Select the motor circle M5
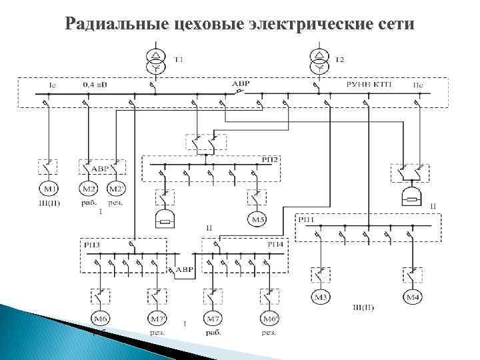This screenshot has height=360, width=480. click(x=257, y=219)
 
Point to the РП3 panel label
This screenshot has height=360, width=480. click(x=92, y=245)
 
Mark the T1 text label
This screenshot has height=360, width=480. click(x=179, y=60)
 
